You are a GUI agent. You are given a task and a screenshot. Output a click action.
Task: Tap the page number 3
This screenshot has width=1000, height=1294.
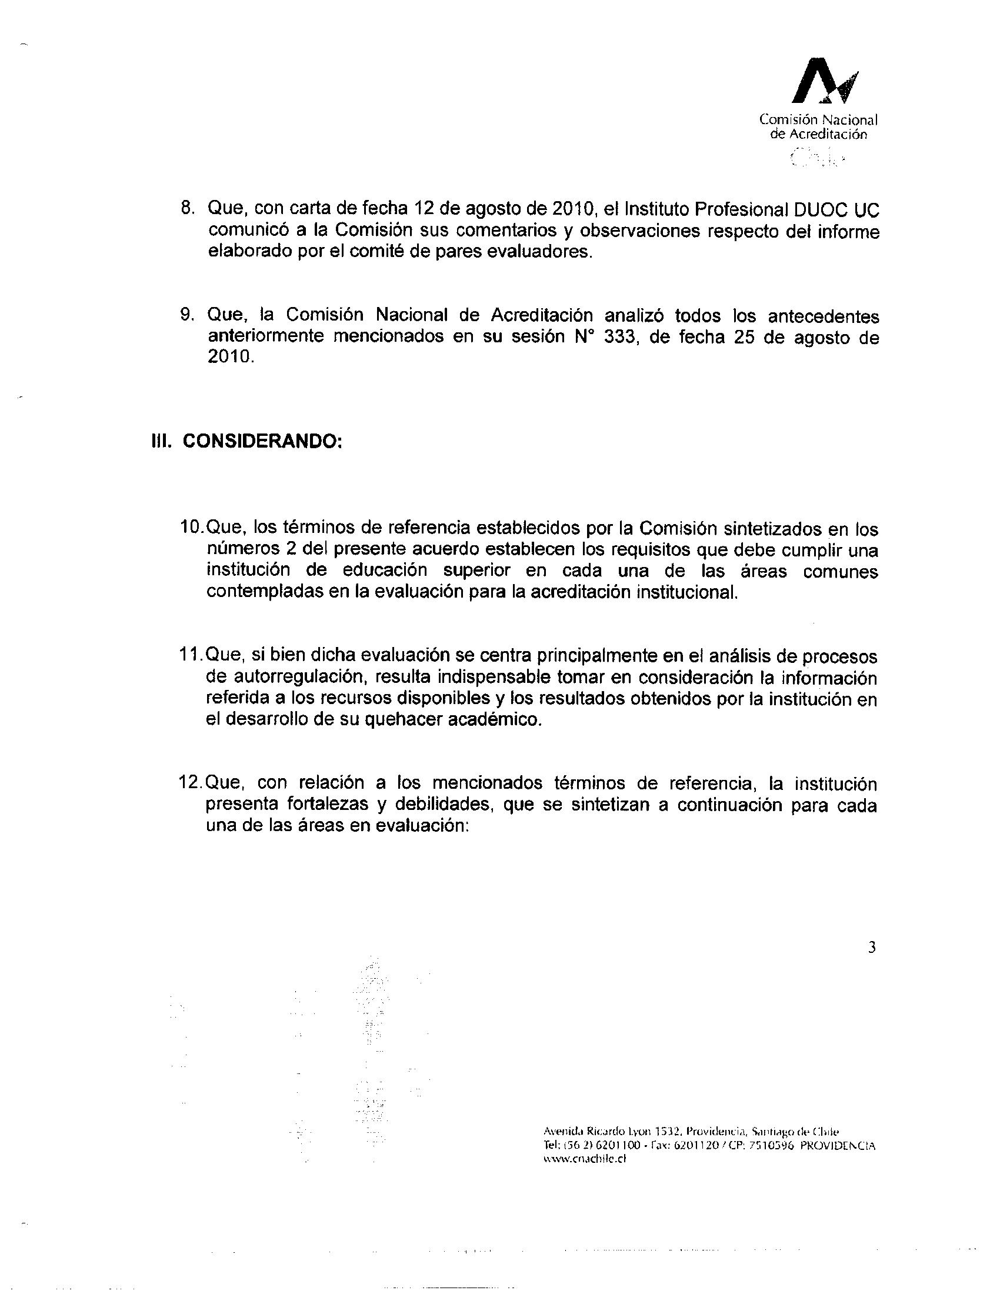point(871,948)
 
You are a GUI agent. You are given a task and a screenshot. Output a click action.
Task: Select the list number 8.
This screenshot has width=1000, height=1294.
point(188,209)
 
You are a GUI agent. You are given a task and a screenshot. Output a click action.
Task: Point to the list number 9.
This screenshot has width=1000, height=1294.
point(188,315)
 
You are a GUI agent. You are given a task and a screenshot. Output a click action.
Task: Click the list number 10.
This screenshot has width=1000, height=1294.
point(191,527)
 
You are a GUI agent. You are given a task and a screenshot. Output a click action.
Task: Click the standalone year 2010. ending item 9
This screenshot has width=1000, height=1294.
point(231,357)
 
